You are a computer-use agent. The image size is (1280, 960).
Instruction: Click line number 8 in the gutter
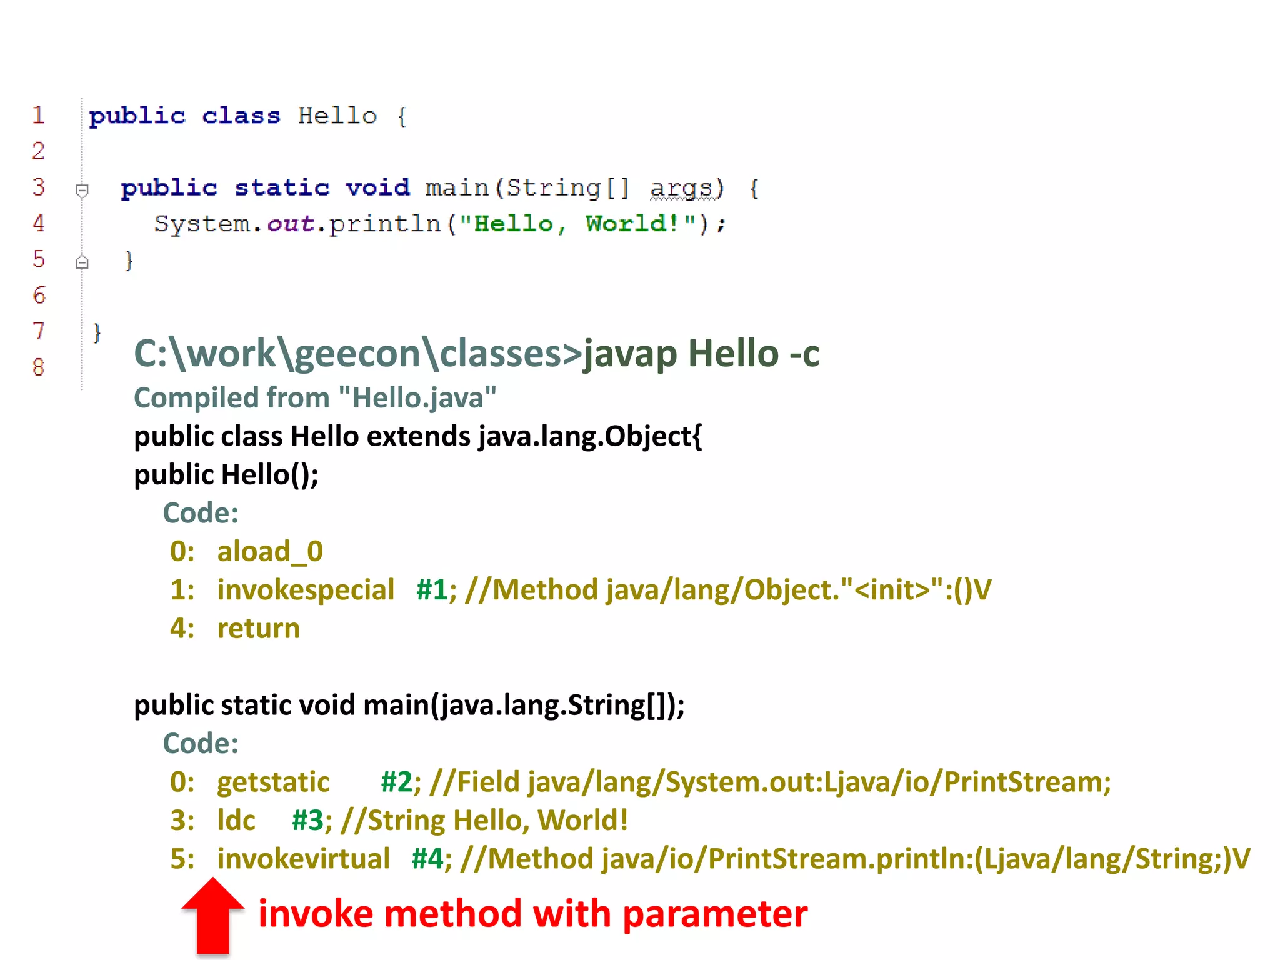[39, 367]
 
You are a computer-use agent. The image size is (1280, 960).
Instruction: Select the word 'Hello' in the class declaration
[337, 116]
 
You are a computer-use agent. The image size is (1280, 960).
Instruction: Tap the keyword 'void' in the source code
[377, 187]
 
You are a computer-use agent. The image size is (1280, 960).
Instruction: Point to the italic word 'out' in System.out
[291, 224]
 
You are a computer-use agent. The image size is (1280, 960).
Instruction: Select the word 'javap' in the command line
[630, 354]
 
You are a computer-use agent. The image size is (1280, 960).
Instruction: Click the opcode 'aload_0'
[270, 552]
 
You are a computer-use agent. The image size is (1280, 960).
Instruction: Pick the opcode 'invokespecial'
[306, 590]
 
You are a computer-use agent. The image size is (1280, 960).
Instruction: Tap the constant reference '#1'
[432, 590]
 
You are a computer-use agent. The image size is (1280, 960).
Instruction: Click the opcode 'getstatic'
[273, 782]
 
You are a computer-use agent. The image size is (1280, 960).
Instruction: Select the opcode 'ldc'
[236, 820]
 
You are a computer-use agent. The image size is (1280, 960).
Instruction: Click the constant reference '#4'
[427, 859]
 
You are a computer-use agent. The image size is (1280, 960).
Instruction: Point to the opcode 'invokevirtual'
[303, 859]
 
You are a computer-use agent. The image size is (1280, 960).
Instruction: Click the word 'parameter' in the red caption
[715, 914]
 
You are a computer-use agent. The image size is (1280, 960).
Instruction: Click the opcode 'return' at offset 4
[258, 629]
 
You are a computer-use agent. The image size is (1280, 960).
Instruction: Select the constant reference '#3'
[307, 820]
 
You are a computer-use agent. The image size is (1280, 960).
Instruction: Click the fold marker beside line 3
[82, 189]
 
